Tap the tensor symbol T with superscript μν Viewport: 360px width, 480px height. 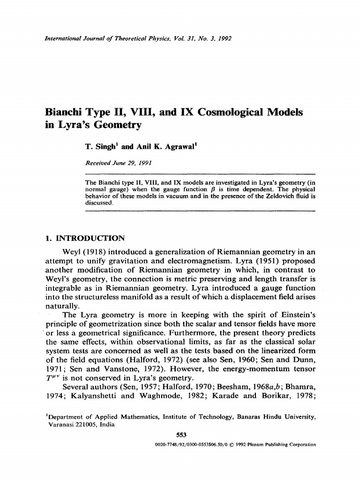52,379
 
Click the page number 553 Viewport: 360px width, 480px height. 180,434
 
